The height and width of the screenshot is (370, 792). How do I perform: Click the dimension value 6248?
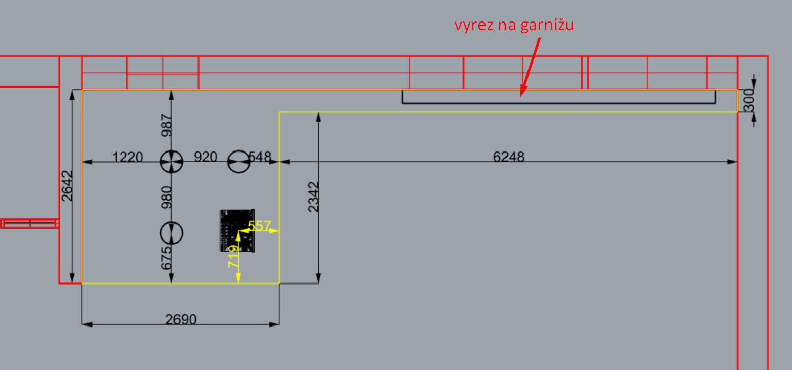(509, 157)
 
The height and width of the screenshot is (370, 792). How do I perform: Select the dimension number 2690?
(181, 319)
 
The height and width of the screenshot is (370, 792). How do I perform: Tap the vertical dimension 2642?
(67, 185)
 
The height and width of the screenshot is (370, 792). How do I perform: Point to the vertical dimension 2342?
(313, 196)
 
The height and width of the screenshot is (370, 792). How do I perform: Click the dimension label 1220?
(127, 157)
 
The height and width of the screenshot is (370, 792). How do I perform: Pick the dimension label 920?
(206, 157)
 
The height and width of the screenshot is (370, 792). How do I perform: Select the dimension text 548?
(260, 157)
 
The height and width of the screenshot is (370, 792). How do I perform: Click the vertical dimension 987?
(167, 125)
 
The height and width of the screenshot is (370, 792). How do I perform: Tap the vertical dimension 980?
(167, 197)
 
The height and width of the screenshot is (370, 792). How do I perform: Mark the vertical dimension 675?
(167, 259)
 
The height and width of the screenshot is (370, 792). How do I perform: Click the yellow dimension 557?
(259, 225)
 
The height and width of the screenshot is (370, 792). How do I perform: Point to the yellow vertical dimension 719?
(233, 256)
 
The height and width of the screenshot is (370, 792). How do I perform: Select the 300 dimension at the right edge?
(749, 100)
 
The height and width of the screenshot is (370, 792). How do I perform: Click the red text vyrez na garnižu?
(514, 26)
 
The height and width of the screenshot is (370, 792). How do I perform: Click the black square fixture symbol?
(237, 230)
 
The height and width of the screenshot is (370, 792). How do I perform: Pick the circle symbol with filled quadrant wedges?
(171, 162)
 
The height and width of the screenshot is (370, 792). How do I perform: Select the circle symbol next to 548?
(238, 162)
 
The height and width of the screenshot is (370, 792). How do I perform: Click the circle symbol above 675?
(171, 233)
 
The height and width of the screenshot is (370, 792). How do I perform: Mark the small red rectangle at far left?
(30, 223)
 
